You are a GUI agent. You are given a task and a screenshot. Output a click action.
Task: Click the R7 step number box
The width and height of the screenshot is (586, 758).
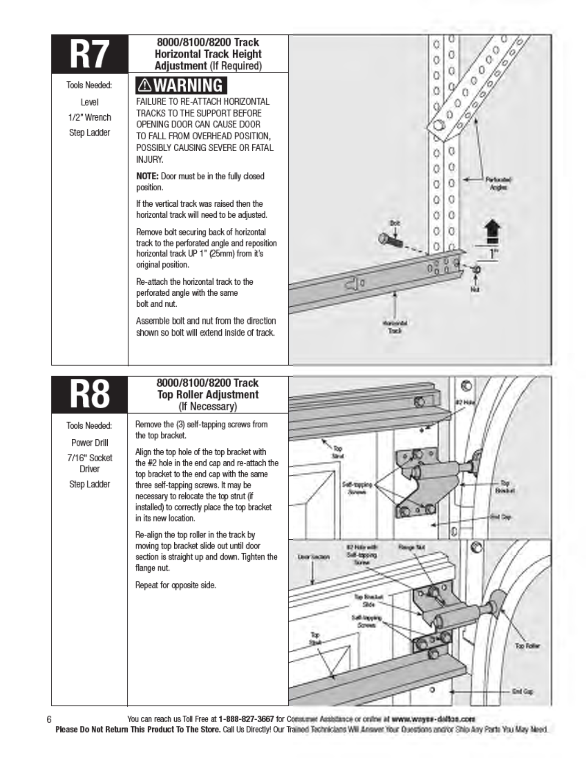(90, 54)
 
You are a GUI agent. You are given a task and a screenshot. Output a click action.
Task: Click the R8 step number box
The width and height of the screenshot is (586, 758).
(90, 395)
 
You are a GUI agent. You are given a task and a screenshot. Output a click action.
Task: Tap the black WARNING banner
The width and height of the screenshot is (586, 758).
(181, 85)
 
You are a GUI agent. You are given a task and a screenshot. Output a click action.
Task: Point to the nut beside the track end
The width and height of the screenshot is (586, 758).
(475, 270)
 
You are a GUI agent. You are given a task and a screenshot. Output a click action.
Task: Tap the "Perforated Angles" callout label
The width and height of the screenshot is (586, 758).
(498, 184)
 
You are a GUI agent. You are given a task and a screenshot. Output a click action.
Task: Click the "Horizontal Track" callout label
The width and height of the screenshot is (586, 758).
(395, 327)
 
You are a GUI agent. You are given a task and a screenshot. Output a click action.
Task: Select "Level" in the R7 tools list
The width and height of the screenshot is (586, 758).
(90, 102)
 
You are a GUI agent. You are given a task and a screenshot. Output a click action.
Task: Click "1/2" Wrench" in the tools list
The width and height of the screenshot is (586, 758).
(90, 117)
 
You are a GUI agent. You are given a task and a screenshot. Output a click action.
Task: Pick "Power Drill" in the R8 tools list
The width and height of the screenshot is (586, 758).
(90, 443)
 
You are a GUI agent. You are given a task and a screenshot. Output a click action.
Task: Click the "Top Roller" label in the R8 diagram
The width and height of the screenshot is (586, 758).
(527, 646)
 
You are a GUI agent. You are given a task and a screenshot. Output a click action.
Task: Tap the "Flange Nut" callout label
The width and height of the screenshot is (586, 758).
(411, 547)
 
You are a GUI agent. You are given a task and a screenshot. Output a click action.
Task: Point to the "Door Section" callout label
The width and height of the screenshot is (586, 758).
(314, 557)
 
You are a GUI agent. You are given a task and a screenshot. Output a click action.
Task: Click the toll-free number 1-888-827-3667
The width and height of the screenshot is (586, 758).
(246, 719)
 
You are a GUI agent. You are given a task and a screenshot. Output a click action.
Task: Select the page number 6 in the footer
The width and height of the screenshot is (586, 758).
(49, 719)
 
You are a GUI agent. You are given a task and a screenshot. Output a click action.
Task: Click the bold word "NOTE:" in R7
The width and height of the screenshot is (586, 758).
(147, 176)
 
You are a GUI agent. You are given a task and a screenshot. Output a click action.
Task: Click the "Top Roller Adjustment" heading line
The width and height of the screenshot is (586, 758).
(208, 395)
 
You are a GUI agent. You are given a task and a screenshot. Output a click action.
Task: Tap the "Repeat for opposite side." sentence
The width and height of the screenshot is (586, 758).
(175, 585)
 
